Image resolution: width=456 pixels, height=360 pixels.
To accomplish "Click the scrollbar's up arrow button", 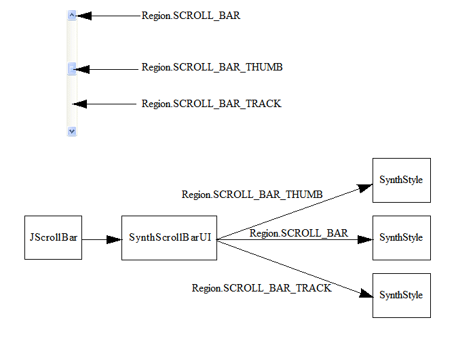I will [72, 15].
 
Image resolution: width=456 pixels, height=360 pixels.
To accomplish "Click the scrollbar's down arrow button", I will [72, 131].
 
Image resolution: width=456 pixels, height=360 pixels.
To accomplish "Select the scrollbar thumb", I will [72, 68].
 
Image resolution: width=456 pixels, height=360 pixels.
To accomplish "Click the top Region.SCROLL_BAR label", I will [191, 16].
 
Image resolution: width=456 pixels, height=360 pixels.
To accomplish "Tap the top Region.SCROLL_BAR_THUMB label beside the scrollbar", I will [212, 68].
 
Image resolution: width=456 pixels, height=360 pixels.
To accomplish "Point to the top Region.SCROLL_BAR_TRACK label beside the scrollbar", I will [211, 104].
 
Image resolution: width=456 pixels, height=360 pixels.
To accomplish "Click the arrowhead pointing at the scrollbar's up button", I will [84, 16].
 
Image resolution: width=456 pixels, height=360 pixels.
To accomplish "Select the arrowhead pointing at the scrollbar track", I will [80, 104].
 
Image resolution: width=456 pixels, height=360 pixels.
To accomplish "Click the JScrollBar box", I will [53, 238].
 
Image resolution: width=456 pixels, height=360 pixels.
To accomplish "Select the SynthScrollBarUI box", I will [170, 238].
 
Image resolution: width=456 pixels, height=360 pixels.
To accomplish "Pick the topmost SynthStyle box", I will [401, 180].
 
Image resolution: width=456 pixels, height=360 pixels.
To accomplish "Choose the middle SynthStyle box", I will [401, 238].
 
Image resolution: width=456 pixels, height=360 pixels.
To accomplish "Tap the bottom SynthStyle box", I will [401, 296].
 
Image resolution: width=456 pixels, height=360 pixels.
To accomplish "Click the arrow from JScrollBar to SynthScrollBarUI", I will [101, 239].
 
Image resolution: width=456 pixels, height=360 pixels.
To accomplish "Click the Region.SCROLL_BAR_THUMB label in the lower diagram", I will [252, 195].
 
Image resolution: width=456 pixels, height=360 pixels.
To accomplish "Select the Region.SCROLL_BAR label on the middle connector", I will [299, 233].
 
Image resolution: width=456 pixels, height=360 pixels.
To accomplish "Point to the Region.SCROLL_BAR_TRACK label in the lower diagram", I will [261, 288].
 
